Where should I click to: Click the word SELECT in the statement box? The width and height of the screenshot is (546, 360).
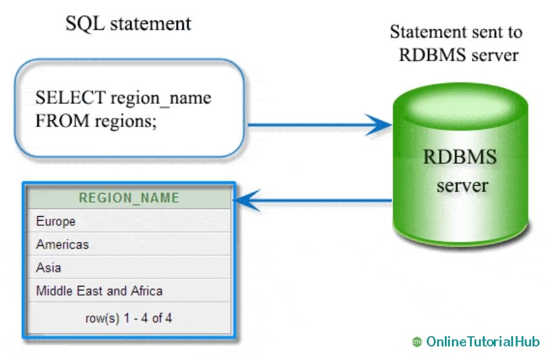pyautogui.click(x=70, y=98)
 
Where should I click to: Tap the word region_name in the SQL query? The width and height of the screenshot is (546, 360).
pyautogui.click(x=161, y=99)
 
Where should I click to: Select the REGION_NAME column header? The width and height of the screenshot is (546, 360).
pyautogui.click(x=128, y=198)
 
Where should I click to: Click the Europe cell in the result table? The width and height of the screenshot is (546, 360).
pyautogui.click(x=55, y=221)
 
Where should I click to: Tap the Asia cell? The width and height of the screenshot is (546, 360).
pyautogui.click(x=48, y=268)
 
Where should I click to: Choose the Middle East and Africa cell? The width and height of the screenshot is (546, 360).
pyautogui.click(x=99, y=291)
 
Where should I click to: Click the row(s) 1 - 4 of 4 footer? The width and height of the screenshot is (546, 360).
pyautogui.click(x=128, y=318)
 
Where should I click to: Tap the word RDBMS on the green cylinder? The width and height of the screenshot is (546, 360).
pyautogui.click(x=460, y=157)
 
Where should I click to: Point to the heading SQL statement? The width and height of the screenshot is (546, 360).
pyautogui.click(x=128, y=24)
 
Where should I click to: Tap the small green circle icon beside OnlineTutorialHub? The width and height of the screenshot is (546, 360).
pyautogui.click(x=416, y=342)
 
